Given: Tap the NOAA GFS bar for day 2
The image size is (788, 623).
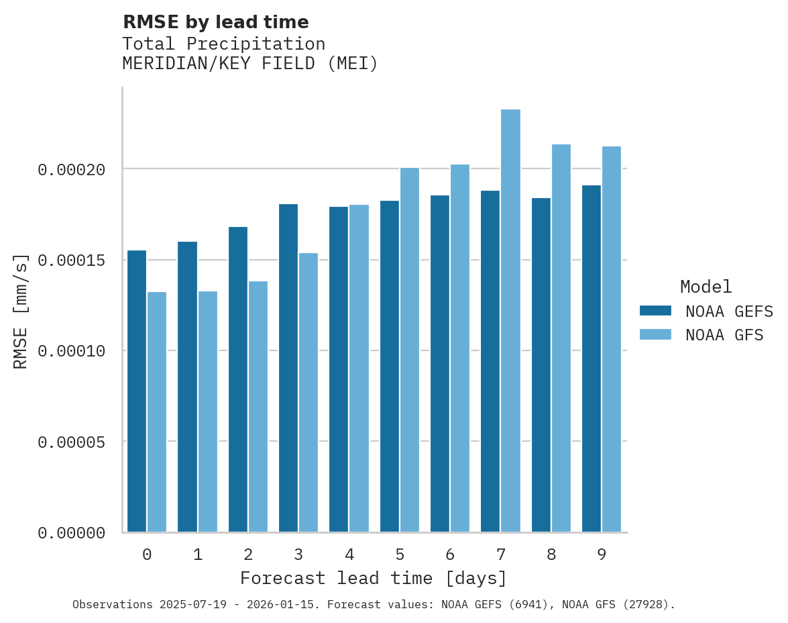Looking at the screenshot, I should [x=258, y=407].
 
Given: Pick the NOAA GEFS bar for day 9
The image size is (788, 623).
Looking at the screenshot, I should [x=592, y=358].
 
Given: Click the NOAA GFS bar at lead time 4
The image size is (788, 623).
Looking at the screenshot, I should [x=359, y=369].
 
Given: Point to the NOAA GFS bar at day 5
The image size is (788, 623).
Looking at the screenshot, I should [x=410, y=350].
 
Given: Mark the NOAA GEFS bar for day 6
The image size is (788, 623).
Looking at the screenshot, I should [x=440, y=364].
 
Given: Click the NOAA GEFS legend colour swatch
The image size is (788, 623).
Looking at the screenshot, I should [x=655, y=310].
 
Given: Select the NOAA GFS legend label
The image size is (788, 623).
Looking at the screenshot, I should [x=724, y=334].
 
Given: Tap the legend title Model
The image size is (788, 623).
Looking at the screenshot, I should [x=706, y=287].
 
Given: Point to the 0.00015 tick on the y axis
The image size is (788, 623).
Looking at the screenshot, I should [x=72, y=260].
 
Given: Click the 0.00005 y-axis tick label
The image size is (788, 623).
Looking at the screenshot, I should [x=72, y=442].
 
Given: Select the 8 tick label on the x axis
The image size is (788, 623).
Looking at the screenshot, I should [x=551, y=555].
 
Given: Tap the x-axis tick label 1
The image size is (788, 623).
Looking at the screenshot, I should [x=198, y=555].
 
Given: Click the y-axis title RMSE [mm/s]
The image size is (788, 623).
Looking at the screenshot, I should [x=21, y=311].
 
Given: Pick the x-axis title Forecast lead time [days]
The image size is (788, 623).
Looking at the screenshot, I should [x=374, y=578].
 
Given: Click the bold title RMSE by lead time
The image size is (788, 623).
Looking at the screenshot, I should [x=215, y=22].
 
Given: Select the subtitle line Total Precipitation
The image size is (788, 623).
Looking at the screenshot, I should [x=223, y=44].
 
